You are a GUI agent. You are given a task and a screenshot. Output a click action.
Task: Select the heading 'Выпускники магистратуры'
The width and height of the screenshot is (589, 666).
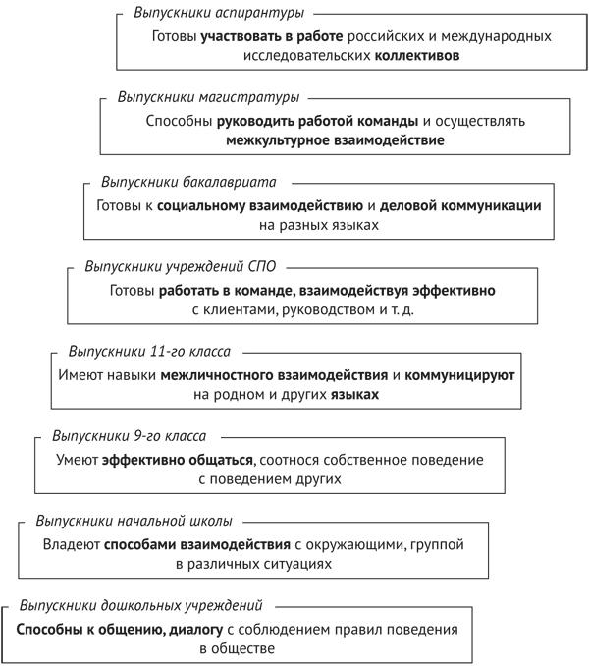208,97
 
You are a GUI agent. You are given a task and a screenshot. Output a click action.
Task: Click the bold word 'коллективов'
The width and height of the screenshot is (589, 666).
418,57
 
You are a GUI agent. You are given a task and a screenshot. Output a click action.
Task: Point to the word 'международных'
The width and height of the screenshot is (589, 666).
491,37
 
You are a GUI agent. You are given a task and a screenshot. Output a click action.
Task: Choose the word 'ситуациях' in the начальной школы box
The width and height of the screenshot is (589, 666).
293,565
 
